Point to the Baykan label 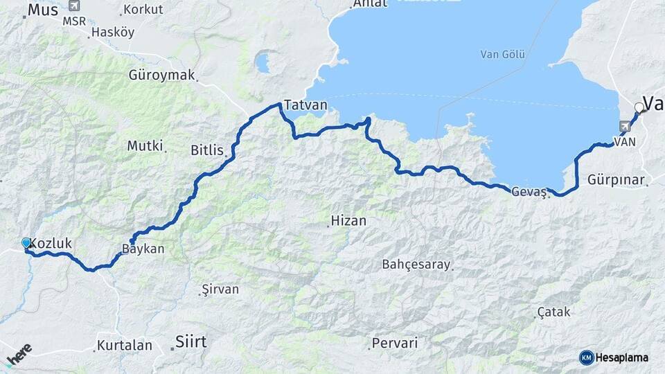click(x=143, y=249)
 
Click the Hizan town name click(x=348, y=221)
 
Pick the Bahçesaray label click(x=416, y=265)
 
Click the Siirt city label click(x=191, y=341)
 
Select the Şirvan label click(x=215, y=291)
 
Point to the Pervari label click(x=395, y=343)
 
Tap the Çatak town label click(x=553, y=312)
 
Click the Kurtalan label click(x=123, y=344)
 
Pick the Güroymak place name click(x=162, y=75)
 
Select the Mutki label click(x=145, y=146)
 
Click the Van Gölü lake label click(x=503, y=55)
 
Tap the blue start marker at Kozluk click(x=26, y=243)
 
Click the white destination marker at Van click(x=639, y=107)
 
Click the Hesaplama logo click(x=614, y=357)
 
